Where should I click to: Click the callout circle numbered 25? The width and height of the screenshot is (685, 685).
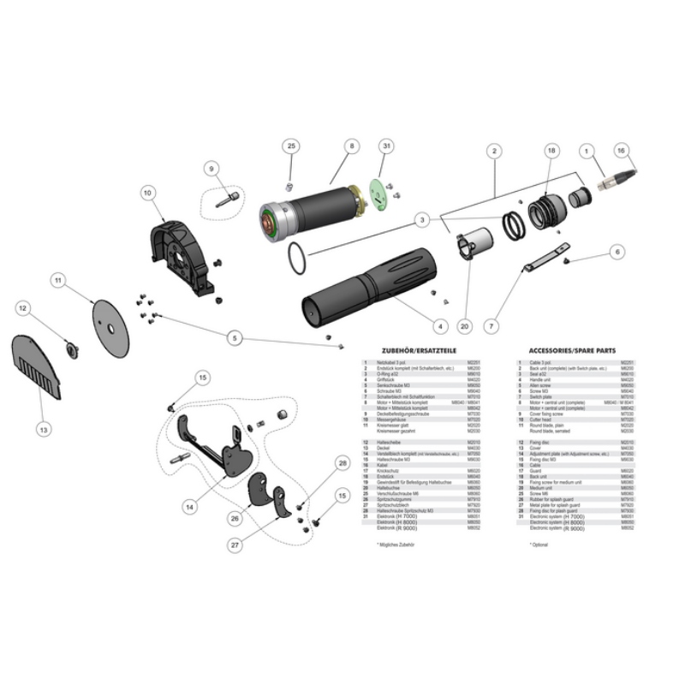coord(291,147)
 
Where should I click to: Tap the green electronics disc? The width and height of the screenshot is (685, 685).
coord(377,192)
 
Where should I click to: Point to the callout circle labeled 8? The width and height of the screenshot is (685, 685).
coord(350,147)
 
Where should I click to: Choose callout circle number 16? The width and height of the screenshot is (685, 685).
coord(622,149)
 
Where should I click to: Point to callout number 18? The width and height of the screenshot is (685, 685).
coord(551,151)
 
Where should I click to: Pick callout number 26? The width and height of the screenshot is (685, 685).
coord(235,518)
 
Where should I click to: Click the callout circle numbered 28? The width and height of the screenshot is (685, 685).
coord(342,463)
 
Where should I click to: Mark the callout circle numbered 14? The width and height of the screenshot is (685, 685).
coord(190,507)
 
